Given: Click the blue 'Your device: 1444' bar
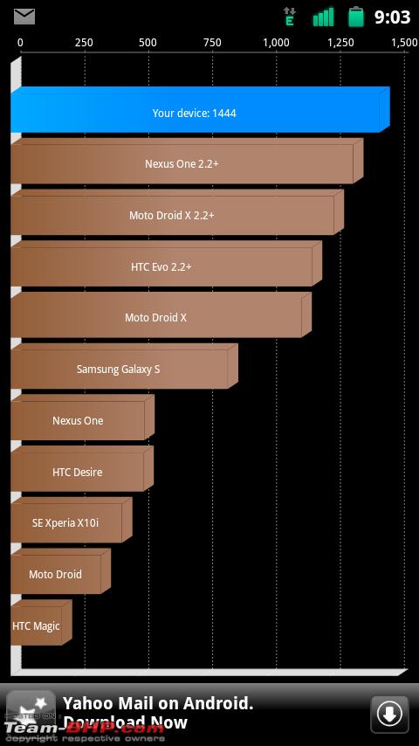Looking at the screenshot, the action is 200,110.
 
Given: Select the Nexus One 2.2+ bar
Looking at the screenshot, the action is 187,162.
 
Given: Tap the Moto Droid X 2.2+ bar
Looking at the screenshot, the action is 177,212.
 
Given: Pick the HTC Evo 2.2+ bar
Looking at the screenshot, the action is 166,264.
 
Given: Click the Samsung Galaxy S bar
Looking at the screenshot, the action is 124,366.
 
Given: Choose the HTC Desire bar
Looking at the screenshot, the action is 82,469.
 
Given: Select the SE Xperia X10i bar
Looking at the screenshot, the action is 72,520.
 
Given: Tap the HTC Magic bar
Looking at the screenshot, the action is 41,623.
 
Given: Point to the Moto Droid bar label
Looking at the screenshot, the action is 55,574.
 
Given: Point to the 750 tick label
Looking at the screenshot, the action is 212,43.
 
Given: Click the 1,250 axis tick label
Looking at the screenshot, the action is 340,43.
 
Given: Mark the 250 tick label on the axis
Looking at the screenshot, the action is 84,43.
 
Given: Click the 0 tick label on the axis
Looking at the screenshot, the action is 20,43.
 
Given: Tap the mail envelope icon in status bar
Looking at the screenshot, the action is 24,17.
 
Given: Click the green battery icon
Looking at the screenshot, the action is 356,17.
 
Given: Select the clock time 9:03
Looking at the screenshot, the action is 392,17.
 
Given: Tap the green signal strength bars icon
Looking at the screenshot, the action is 323,17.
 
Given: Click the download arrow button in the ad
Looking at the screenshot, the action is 389,715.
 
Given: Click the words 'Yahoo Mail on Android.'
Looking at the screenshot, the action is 158,703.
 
